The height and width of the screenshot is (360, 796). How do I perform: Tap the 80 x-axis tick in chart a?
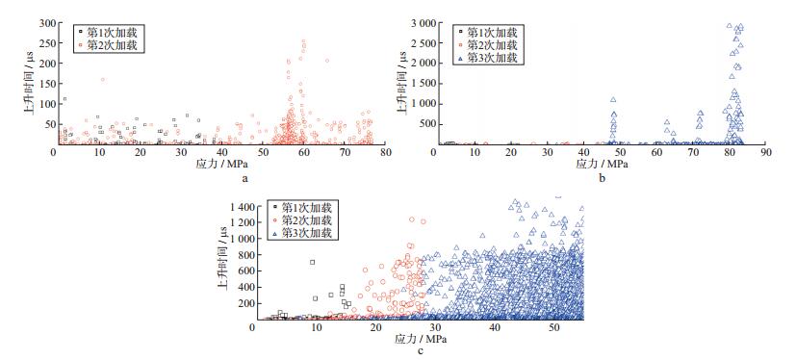[x=385, y=152]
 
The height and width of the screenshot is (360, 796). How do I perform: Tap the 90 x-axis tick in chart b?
[x=765, y=152]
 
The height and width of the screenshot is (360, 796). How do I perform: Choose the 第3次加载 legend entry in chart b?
[x=487, y=58]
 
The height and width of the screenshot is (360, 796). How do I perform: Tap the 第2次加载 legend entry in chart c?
[x=301, y=220]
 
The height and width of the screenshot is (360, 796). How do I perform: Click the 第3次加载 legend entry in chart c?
[x=301, y=234]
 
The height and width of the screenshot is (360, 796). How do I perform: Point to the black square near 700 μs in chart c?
[x=312, y=262]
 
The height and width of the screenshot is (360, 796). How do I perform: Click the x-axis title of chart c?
[x=420, y=339]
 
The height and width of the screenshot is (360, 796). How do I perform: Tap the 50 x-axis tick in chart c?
[x=554, y=327]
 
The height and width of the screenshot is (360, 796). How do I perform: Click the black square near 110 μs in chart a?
[x=65, y=99]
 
